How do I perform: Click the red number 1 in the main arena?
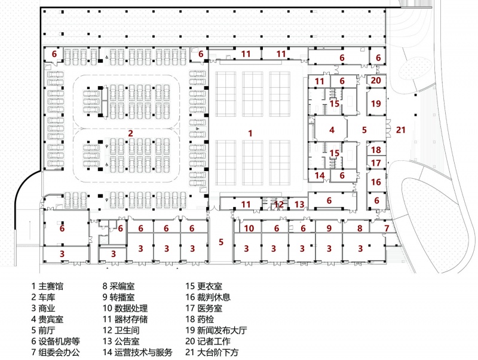tap(250, 133)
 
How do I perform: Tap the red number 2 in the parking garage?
tap(130, 133)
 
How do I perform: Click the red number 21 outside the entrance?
tap(400, 130)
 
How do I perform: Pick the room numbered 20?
tap(376, 81)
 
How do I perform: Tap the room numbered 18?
tap(376, 149)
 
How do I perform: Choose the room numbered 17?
tap(376, 162)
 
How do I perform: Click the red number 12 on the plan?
tap(278, 205)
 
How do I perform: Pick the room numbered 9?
tap(329, 227)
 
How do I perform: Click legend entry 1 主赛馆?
tap(47, 286)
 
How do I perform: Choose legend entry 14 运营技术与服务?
tap(137, 352)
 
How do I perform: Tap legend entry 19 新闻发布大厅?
tap(216, 331)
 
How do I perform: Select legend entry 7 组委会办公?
tap(56, 352)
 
